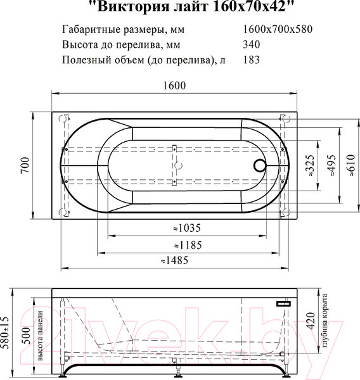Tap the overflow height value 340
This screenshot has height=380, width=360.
[252, 45]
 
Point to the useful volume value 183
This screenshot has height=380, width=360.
[252, 60]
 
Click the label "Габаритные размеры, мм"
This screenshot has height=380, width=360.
[115, 30]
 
